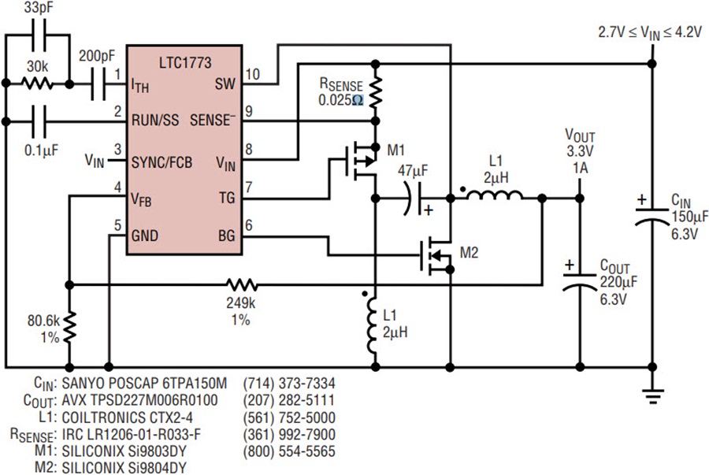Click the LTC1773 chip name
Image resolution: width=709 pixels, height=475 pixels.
click(x=185, y=62)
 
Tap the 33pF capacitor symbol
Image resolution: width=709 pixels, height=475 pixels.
click(x=38, y=35)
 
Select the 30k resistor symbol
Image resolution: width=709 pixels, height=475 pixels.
click(x=38, y=83)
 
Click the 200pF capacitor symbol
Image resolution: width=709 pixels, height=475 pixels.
click(x=98, y=83)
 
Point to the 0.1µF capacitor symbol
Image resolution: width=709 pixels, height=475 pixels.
click(x=38, y=121)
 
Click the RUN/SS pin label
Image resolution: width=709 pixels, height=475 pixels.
click(x=155, y=121)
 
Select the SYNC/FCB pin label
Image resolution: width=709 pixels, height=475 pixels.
click(x=161, y=161)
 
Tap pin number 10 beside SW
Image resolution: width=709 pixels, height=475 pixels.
click(x=253, y=75)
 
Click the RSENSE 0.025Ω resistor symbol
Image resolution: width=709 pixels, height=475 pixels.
click(x=375, y=93)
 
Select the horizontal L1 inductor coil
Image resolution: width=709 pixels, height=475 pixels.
click(x=494, y=195)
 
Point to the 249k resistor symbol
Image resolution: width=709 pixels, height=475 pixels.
click(x=242, y=284)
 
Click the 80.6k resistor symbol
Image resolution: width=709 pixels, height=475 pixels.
click(x=69, y=328)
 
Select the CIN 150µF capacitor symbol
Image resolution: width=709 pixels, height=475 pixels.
click(x=652, y=216)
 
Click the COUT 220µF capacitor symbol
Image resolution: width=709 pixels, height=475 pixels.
click(x=580, y=280)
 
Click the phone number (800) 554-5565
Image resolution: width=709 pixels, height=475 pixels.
click(x=289, y=451)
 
